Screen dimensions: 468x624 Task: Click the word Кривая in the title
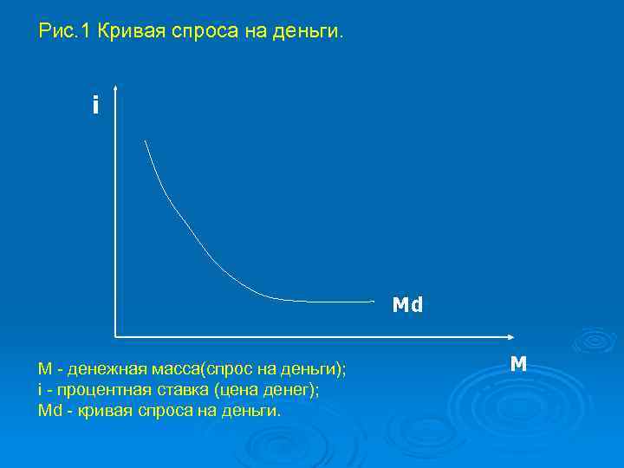coord(129,32)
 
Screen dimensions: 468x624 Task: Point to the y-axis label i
coord(95,106)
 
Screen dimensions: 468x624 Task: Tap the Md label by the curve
coord(407,305)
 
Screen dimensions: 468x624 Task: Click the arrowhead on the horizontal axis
coord(512,335)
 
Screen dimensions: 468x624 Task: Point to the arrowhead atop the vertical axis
coord(114,88)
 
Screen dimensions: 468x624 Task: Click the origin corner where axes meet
coord(114,335)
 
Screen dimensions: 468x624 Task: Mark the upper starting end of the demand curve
coord(145,140)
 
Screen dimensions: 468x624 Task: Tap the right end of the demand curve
coord(373,302)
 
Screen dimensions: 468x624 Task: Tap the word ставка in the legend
coord(176,390)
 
